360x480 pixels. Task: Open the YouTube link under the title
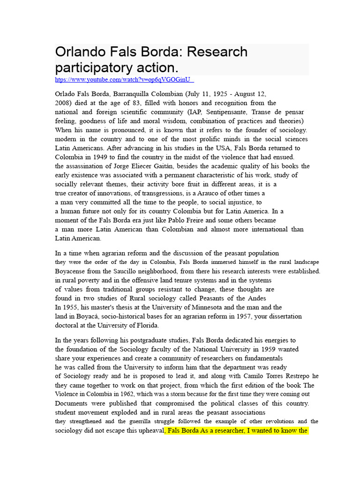point(124,80)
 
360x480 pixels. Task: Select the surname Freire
point(197,220)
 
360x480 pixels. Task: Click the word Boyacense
point(74,271)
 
